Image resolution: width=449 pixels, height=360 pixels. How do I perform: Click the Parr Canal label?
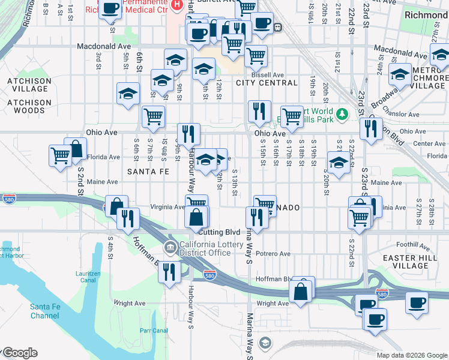153,331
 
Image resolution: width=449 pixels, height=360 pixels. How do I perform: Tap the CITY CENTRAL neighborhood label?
259,83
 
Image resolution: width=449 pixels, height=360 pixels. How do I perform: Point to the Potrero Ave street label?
273,254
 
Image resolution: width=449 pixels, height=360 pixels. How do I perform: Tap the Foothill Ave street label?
414,245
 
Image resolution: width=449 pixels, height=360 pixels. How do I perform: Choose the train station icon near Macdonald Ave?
278,26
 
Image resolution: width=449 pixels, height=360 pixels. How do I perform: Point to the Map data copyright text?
412,355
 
